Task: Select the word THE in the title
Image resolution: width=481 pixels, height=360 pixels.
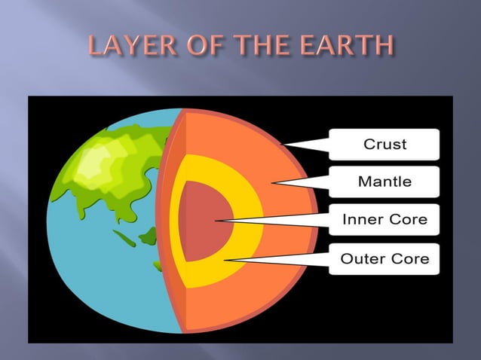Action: (268, 47)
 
